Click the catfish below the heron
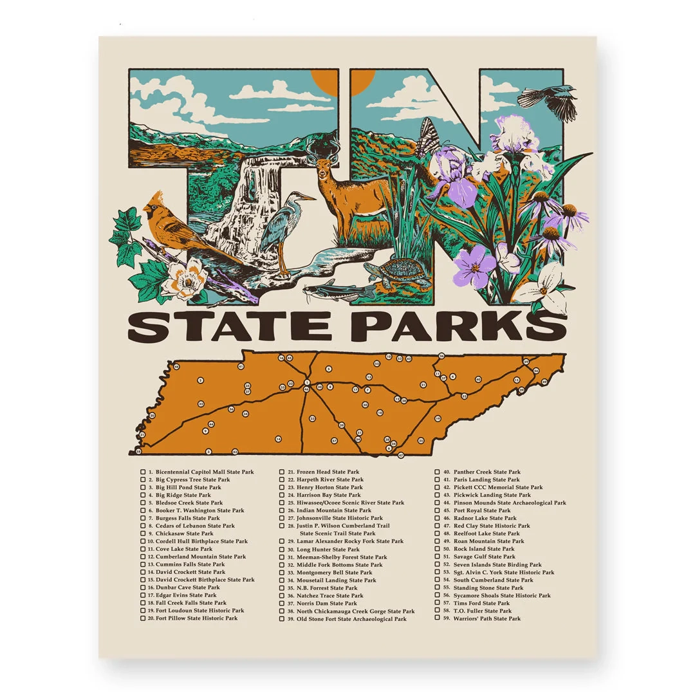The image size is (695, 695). click(x=338, y=291)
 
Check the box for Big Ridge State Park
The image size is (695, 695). click(x=143, y=496)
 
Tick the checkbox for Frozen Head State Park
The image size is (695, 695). click(x=282, y=472)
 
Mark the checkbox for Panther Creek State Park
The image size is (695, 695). click(x=438, y=472)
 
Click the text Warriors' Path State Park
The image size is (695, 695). click(x=486, y=618)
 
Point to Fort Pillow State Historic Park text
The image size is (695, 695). click(x=196, y=618)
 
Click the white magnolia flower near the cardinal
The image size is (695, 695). click(x=187, y=278)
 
